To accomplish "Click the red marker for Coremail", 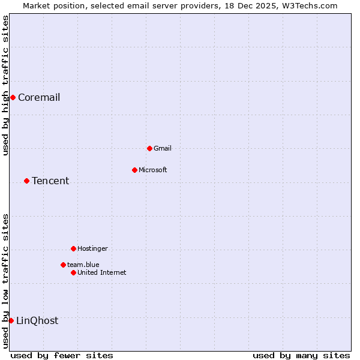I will [13, 97].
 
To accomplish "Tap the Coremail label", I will [39, 98].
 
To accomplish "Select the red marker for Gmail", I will [149, 148].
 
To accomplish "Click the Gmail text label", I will [163, 148].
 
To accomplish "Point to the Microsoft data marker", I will [134, 170].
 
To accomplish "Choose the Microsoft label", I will [153, 170].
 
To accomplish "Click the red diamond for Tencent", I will [26, 181].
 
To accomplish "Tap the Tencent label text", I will [50, 181].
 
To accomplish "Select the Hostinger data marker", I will [73, 248].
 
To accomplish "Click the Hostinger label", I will [92, 248].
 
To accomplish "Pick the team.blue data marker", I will [63, 265].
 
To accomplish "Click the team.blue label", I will [83, 265].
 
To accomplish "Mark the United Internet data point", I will [73, 272].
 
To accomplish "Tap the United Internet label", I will [102, 272].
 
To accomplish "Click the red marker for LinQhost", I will [11, 320].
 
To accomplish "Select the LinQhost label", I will [37, 321].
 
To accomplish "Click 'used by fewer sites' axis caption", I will [62, 355].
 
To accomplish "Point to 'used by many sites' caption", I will [301, 355].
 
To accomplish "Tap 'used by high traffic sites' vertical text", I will [5, 85].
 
